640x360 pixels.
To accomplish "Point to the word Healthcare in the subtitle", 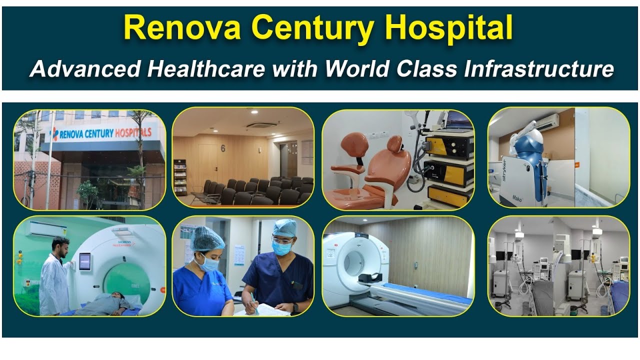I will [206, 69].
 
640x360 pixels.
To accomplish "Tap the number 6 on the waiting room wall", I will [222, 148].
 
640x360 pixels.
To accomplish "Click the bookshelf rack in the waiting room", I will [179, 177].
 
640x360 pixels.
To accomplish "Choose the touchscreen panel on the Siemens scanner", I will [85, 261].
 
